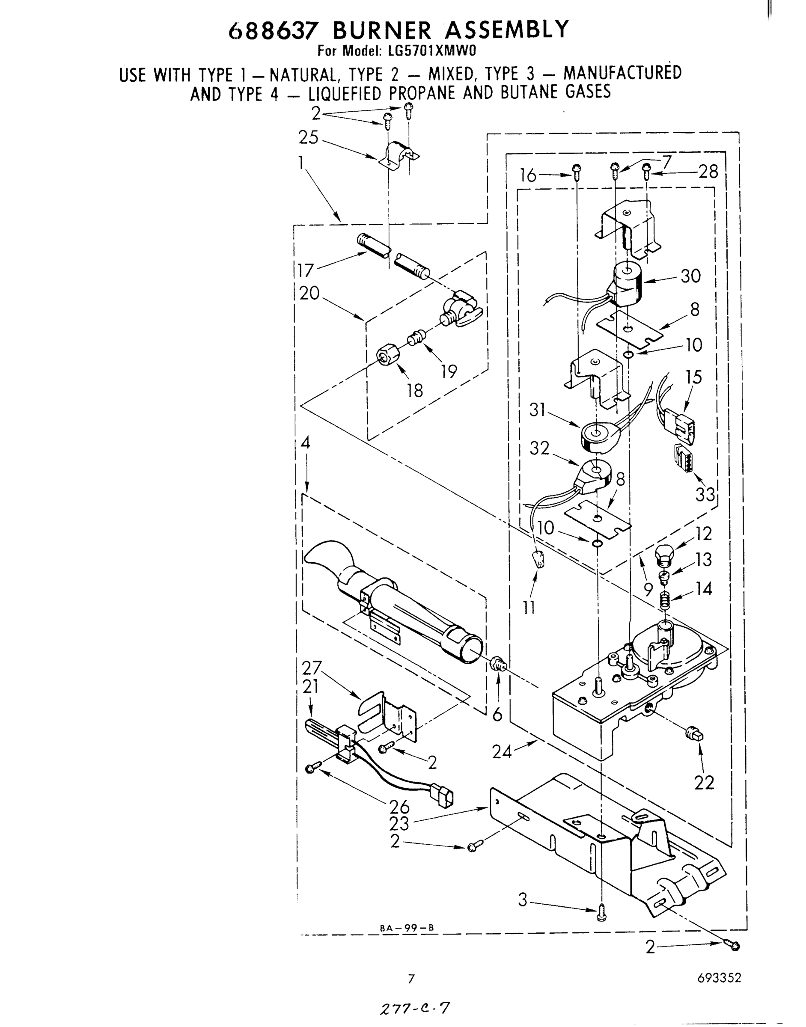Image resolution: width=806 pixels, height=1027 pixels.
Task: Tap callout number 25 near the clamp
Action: click(x=308, y=137)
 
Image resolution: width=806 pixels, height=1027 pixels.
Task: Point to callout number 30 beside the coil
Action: click(x=690, y=276)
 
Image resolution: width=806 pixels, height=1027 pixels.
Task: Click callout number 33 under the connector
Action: click(x=705, y=494)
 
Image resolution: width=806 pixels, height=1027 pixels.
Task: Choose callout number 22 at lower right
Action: click(x=704, y=783)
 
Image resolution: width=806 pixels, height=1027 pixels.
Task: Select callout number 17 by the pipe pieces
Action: click(x=306, y=271)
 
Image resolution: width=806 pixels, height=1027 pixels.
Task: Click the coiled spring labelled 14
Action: click(x=665, y=600)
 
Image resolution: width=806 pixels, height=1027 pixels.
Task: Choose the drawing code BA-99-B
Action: click(x=406, y=927)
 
